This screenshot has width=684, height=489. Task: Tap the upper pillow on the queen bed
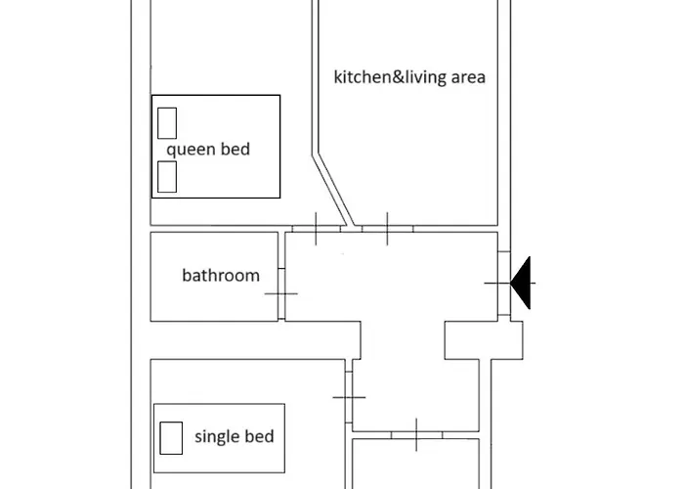point(167,123)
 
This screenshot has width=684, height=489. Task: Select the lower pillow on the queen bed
point(167,177)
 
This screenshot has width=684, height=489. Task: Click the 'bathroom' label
point(221,276)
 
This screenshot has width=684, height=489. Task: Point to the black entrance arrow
point(520,283)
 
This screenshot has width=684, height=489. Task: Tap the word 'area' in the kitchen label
point(468,77)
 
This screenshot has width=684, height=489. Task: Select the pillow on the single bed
point(171,438)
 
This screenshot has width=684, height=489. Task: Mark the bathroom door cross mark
point(281,293)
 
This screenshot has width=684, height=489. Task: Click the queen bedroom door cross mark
point(316,229)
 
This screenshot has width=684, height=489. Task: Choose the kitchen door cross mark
point(387,229)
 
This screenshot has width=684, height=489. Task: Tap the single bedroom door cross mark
point(349,397)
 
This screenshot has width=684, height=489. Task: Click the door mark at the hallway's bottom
point(416,435)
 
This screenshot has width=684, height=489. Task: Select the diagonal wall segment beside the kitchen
point(333,191)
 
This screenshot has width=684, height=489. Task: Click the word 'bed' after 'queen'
point(235,149)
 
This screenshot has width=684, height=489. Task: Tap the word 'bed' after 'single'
point(259,436)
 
